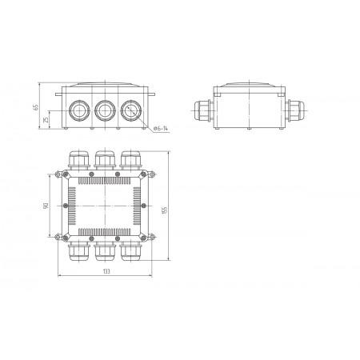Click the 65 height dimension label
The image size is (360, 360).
36,107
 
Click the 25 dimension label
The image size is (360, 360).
46,120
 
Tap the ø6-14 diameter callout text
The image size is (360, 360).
161,129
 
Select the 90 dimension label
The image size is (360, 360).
46,206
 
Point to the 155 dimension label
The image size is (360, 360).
164,210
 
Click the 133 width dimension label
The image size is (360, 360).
106,271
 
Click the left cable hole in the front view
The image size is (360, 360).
79,110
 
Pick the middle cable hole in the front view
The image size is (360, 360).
105,110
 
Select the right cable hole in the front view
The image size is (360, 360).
131,110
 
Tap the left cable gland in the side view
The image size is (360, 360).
204,110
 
